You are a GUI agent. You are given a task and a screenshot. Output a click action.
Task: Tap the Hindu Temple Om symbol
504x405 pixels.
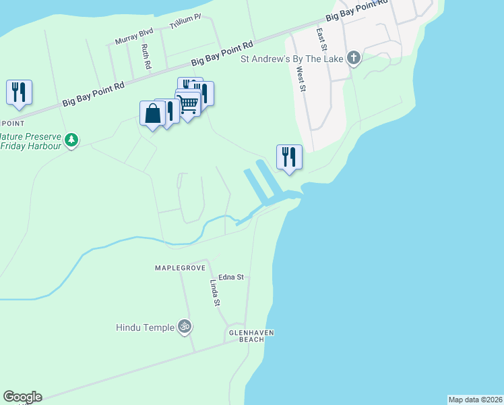[185, 327]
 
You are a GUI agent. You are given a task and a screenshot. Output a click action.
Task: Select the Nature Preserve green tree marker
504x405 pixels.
[71, 140]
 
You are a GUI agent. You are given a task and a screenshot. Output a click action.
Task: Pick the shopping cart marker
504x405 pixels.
[188, 104]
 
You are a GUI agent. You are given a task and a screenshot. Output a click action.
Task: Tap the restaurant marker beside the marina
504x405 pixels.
[289, 157]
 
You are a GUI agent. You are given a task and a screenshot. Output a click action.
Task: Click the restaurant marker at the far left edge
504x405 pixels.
[19, 92]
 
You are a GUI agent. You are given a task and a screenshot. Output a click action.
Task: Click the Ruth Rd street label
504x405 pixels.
[146, 57]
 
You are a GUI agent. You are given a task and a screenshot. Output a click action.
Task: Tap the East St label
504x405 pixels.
[321, 40]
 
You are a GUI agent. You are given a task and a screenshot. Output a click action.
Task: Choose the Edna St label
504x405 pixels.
[230, 277]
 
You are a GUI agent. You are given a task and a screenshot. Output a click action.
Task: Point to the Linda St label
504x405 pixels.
[215, 293]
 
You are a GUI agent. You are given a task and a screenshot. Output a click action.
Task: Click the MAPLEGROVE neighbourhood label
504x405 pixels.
[179, 268]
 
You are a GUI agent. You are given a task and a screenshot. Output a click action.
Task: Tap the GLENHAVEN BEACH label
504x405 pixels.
[252, 336]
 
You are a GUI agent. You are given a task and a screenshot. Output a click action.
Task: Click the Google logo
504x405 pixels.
[22, 397]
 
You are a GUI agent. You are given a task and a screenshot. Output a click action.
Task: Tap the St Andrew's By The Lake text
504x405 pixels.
[293, 59]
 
